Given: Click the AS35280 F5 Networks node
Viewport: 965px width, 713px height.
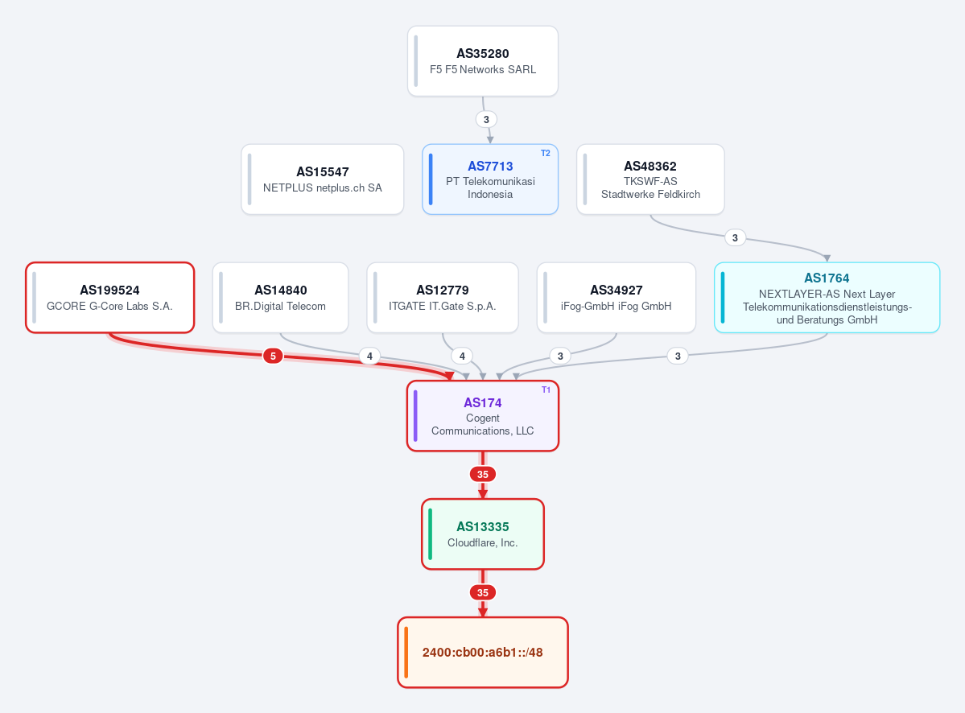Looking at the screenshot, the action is click(x=483, y=61).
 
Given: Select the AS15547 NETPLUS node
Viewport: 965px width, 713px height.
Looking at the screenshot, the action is click(x=323, y=179).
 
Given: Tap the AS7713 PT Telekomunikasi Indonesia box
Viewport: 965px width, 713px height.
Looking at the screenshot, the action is click(x=490, y=179).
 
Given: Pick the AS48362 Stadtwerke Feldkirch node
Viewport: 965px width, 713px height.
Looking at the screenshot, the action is click(x=650, y=179).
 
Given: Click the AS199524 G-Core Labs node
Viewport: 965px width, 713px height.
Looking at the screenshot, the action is click(x=110, y=298).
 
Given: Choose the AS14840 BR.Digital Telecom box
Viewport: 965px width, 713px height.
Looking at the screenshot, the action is click(x=281, y=298).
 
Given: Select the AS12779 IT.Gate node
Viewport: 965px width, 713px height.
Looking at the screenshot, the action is click(x=443, y=298).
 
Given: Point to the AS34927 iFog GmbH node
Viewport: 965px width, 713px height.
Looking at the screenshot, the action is click(x=616, y=298).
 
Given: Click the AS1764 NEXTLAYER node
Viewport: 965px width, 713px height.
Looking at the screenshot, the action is click(x=827, y=298).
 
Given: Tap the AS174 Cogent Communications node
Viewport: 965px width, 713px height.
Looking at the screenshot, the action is click(x=483, y=416).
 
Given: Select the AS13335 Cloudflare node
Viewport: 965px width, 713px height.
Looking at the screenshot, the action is click(x=483, y=534).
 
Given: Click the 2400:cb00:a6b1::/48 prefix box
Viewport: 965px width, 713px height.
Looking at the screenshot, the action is click(x=483, y=652).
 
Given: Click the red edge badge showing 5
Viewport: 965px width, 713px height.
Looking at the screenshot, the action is click(x=273, y=356).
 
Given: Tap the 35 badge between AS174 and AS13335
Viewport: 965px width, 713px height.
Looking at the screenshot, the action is click(x=483, y=474).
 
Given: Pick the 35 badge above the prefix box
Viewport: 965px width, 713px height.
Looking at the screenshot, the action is click(x=483, y=592).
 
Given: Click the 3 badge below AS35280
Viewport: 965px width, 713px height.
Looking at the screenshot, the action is click(x=486, y=119).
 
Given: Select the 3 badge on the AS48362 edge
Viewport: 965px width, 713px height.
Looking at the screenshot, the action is click(x=735, y=237).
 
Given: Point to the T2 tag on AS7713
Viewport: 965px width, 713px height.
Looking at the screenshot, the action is click(x=545, y=153).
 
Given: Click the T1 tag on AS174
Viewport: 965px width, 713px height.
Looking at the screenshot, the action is click(x=546, y=389).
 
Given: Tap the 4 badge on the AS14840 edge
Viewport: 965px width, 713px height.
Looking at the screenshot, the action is click(x=369, y=356).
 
